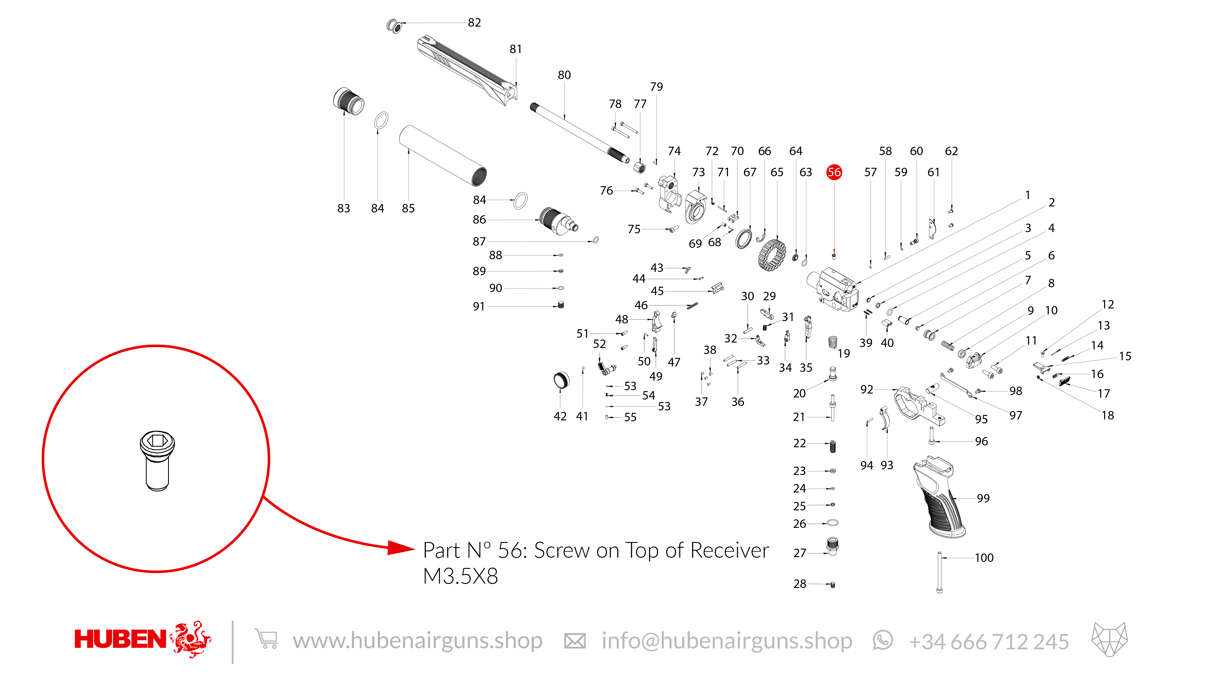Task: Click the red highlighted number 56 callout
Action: click(x=834, y=172)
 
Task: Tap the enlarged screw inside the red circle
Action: click(x=158, y=461)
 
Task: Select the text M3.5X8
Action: click(x=460, y=576)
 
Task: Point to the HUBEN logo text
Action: click(x=120, y=639)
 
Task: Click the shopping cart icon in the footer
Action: click(x=266, y=639)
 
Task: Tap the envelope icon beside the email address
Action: click(x=575, y=641)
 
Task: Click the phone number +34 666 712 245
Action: click(x=989, y=642)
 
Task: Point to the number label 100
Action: click(x=984, y=558)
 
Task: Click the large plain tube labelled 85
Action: click(x=443, y=156)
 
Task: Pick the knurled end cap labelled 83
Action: click(x=349, y=101)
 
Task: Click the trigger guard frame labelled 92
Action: click(x=918, y=406)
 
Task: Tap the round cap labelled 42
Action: click(x=562, y=380)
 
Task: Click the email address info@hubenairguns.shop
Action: click(x=727, y=641)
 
